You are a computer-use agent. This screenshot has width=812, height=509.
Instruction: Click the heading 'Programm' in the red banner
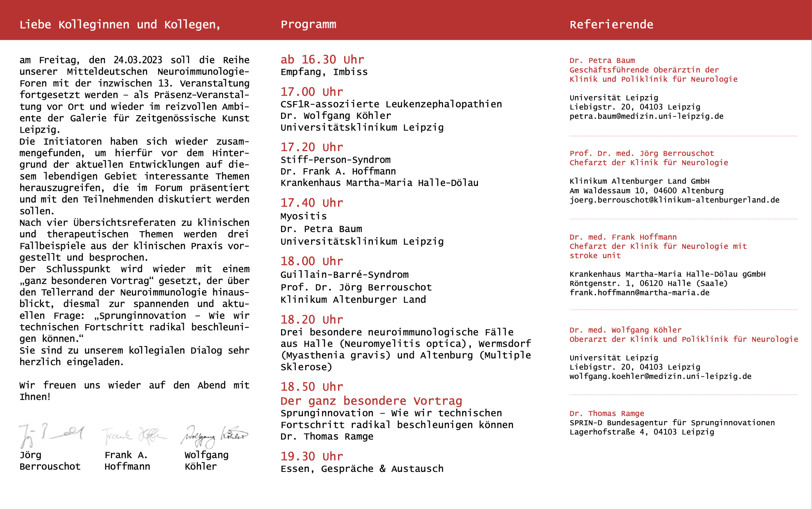[308, 24]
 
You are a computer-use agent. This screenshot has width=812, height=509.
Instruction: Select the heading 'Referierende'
[611, 24]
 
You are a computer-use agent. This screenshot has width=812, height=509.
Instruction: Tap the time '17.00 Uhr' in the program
[312, 92]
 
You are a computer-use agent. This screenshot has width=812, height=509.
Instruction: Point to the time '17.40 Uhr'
[312, 203]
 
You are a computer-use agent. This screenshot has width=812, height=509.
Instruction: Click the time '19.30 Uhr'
[312, 456]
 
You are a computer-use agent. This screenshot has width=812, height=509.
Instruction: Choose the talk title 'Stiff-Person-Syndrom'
[335, 160]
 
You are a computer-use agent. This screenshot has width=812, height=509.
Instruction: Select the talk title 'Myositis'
[303, 216]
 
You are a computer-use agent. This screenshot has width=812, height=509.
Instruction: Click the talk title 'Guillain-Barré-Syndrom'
[344, 275]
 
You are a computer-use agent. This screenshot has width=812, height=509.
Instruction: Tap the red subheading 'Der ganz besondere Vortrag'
[371, 401]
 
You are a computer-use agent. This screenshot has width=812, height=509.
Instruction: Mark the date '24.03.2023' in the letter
[138, 60]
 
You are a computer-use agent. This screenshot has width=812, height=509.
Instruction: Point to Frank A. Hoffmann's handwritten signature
[134, 436]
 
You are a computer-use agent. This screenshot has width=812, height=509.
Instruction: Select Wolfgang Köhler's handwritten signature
[215, 436]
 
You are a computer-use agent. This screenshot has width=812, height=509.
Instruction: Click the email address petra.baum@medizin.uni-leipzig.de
[646, 116]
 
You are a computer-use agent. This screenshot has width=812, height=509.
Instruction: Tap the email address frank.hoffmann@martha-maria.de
[639, 293]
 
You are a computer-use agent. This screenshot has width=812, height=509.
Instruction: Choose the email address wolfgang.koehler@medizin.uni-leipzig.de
[660, 377]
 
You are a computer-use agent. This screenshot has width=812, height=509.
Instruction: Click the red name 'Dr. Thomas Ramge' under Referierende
[606, 414]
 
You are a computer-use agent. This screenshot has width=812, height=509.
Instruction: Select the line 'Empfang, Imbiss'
[324, 72]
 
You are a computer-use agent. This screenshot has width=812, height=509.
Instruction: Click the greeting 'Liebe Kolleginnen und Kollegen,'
[120, 24]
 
